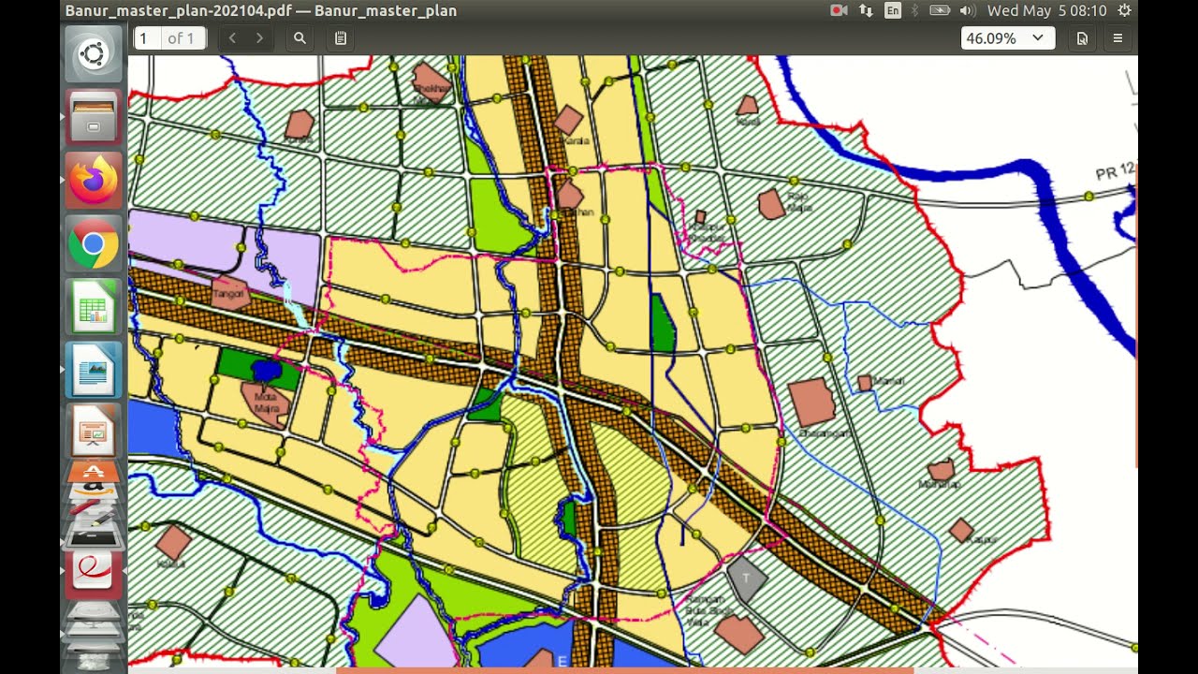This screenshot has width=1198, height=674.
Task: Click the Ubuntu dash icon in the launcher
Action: click(94, 54)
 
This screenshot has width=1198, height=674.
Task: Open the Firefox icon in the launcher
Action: click(94, 180)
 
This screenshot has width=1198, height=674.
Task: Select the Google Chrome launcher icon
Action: click(94, 244)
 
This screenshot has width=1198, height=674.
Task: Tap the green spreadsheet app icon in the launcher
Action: click(94, 306)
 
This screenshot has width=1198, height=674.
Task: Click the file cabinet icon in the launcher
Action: click(94, 117)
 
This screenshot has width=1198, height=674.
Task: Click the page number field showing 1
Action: click(147, 38)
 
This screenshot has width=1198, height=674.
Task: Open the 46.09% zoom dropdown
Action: click(1007, 38)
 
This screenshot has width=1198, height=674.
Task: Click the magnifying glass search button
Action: click(299, 38)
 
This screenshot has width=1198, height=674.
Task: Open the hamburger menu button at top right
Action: click(1118, 38)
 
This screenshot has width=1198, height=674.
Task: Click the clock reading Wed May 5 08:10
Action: click(1046, 10)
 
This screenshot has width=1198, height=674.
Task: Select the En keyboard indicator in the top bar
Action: click(893, 10)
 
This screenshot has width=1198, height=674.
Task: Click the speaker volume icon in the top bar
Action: click(968, 10)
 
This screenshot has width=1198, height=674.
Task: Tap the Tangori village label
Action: click(229, 294)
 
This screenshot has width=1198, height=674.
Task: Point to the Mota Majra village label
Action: click(267, 403)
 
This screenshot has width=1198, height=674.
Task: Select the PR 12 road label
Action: click(1115, 172)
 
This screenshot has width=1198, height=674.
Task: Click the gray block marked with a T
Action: click(746, 578)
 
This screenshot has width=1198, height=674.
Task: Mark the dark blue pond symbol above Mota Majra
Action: click(267, 372)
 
